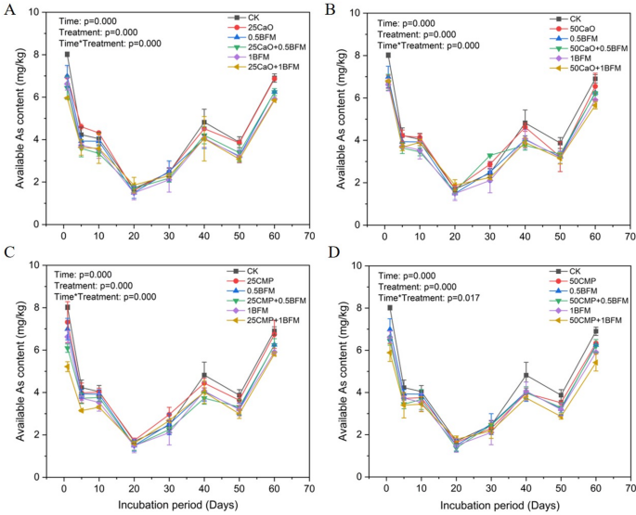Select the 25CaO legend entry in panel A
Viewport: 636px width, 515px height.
[x=253, y=28]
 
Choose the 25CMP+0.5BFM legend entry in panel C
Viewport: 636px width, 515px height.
[x=263, y=301]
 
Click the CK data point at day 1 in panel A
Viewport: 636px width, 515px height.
[x=68, y=55]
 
